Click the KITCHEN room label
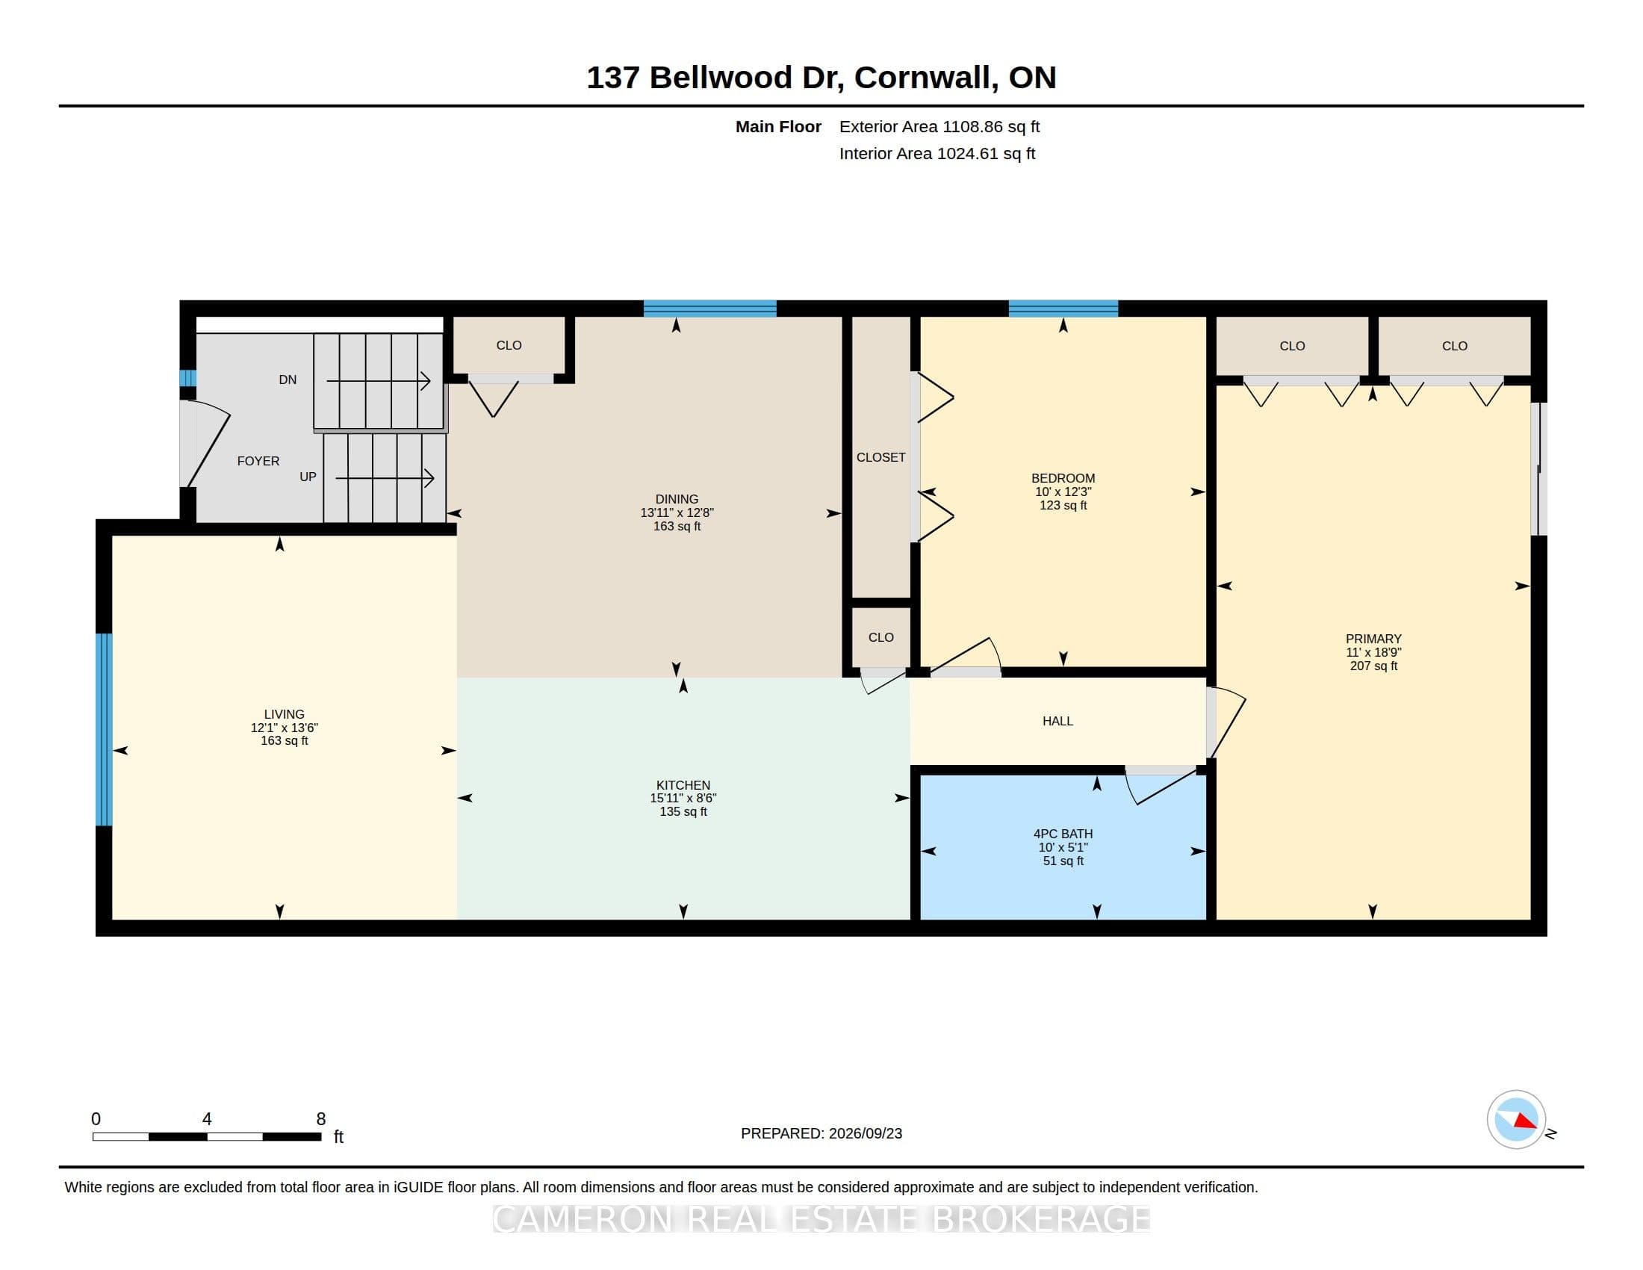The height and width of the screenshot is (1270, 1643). tap(683, 784)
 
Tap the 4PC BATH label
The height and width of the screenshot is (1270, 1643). tap(1063, 834)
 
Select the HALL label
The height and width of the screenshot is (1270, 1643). tap(1057, 721)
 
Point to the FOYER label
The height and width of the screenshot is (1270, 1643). tap(258, 461)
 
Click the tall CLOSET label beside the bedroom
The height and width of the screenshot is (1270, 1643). tap(881, 457)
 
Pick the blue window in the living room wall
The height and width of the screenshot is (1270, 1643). tap(104, 729)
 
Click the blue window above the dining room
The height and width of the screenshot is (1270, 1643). tap(709, 309)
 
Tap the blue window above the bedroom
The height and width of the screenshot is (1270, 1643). tap(1063, 309)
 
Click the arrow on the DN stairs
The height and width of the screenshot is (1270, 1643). tap(379, 382)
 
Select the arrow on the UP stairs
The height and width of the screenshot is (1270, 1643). tap(385, 478)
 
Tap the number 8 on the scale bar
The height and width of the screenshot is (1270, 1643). tap(320, 1119)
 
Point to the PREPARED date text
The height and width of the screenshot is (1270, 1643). tap(821, 1133)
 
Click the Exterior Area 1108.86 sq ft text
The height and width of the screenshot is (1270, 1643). tap(939, 126)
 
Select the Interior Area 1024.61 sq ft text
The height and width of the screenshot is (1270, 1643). tap(937, 153)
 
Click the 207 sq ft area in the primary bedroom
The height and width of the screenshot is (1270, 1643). tap(1373, 666)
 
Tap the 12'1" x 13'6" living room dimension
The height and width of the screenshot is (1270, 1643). tap(285, 728)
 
